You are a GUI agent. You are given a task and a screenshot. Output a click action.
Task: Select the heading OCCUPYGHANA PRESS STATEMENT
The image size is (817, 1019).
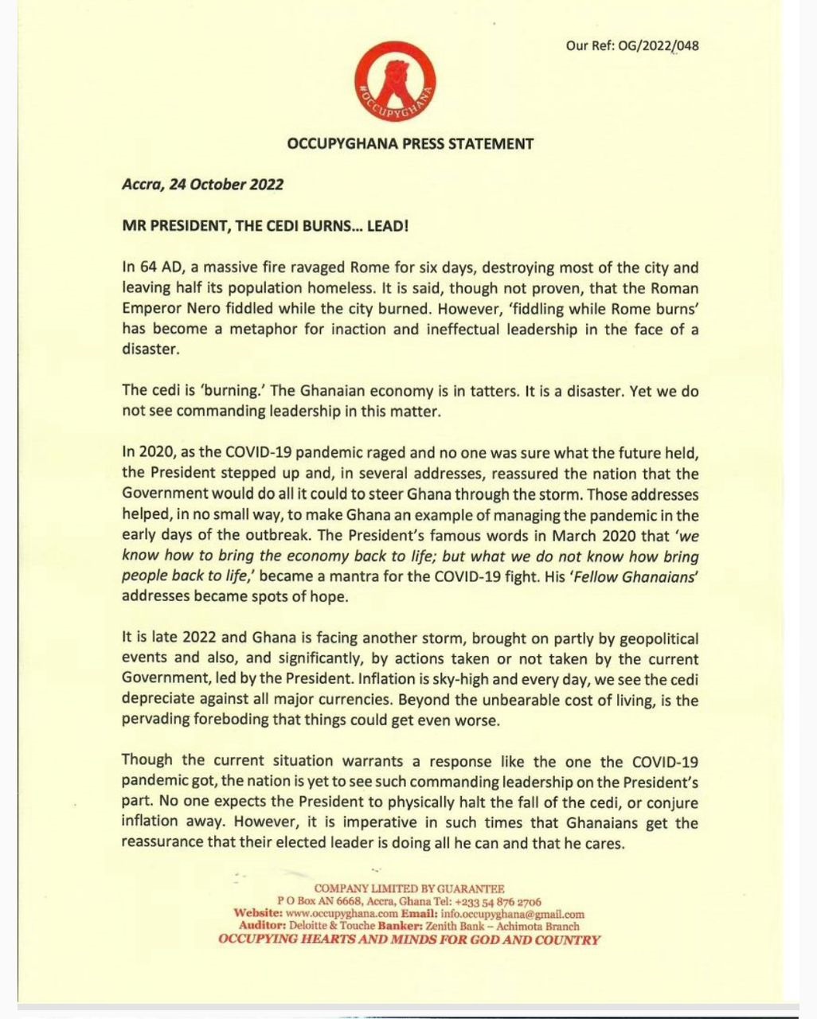pyautogui.click(x=410, y=144)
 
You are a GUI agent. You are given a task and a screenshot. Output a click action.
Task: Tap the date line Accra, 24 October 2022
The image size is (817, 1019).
pyautogui.click(x=202, y=185)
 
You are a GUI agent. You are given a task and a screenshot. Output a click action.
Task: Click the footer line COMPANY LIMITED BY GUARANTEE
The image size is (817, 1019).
pyautogui.click(x=409, y=888)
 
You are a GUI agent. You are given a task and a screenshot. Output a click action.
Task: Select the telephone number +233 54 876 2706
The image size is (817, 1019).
pyautogui.click(x=502, y=901)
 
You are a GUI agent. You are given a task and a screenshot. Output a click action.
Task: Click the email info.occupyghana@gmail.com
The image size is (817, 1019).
pyautogui.click(x=512, y=914)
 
